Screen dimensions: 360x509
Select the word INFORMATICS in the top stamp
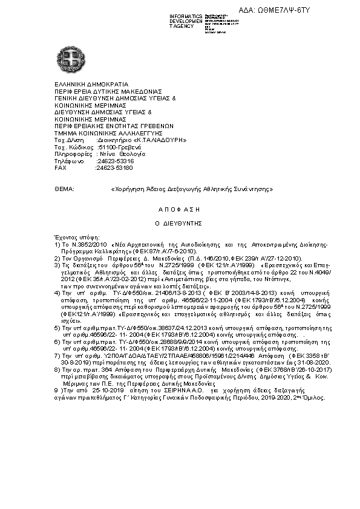(186, 15)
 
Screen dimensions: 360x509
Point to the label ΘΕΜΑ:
(64, 189)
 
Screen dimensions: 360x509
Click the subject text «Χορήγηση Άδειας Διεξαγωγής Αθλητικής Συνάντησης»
(192, 189)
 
